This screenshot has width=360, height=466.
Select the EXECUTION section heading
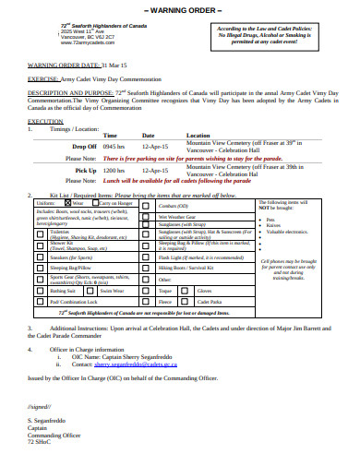pyautogui.click(x=45, y=121)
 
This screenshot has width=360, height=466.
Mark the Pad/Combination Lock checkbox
pyautogui.click(x=38, y=301)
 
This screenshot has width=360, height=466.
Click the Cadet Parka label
pyautogui.click(x=211, y=301)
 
